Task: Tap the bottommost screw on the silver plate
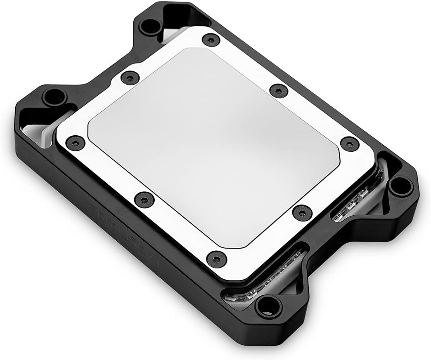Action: click(215, 259)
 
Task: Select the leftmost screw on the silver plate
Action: click(75, 143)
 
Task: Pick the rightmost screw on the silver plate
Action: click(349, 143)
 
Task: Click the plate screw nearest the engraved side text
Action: click(144, 200)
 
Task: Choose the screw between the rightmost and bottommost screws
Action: click(301, 212)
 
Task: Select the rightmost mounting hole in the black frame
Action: click(398, 186)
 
